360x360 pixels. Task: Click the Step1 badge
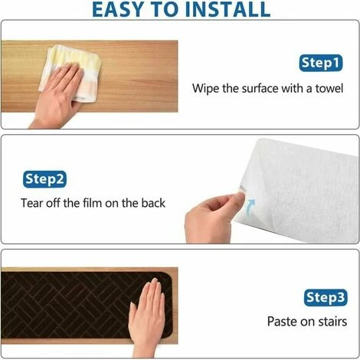tap(321, 63)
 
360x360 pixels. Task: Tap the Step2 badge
tap(44, 179)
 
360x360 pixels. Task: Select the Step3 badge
tap(326, 297)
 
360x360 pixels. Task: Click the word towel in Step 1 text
tap(329, 88)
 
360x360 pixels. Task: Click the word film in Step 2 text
tap(92, 203)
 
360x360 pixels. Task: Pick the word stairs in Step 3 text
tap(332, 321)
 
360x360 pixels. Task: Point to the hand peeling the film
tap(212, 217)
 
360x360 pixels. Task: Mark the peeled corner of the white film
tap(242, 190)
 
